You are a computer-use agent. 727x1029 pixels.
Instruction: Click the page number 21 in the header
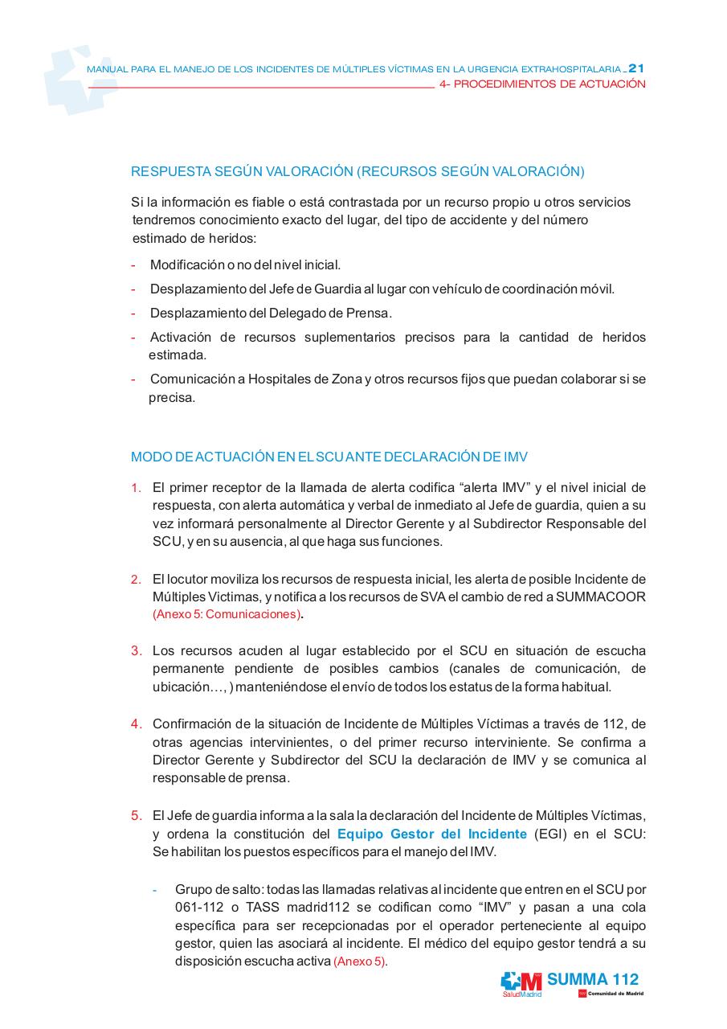636,68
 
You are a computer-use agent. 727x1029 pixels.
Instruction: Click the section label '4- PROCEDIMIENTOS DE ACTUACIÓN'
543,84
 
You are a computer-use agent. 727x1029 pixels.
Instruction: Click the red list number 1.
137,487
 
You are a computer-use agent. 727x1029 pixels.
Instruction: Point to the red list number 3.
137,650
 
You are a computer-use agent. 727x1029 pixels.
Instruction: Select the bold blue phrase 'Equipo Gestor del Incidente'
431,834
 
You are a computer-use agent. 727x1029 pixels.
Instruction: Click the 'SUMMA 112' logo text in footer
593,979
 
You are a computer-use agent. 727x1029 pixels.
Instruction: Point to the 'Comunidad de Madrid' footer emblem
611,994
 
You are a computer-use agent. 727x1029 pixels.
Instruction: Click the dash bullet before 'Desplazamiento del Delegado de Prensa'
133,313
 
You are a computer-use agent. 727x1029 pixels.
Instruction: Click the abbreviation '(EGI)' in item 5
550,834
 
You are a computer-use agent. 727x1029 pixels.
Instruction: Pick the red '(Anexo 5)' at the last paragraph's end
359,961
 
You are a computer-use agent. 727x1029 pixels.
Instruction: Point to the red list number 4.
137,724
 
